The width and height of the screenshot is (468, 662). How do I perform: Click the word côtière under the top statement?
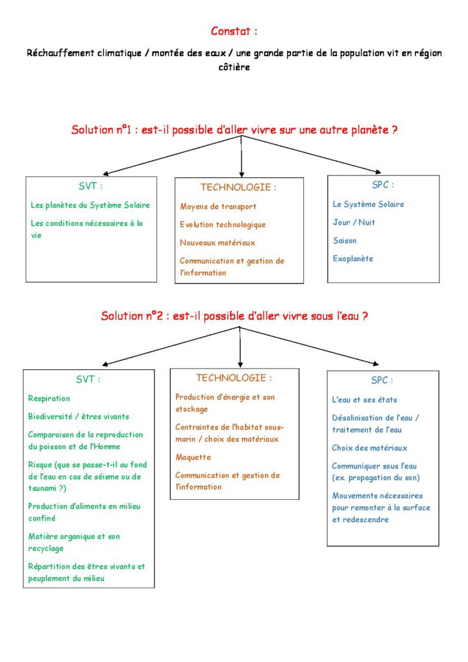point(234,67)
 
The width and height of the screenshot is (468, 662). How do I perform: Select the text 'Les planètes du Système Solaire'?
point(90,205)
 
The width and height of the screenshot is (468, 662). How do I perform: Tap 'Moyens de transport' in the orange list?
point(218,207)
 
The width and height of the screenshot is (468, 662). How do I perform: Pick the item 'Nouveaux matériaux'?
point(217,243)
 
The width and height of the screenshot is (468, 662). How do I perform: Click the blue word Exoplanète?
point(353,259)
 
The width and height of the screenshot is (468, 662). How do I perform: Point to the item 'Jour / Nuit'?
point(354,222)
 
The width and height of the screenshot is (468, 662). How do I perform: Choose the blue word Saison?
point(345,240)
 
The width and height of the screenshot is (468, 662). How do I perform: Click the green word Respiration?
point(49,398)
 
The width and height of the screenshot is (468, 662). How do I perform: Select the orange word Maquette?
point(193,457)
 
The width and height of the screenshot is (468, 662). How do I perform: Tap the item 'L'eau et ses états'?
point(365,400)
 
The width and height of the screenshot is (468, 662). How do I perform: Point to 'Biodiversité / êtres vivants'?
point(78,416)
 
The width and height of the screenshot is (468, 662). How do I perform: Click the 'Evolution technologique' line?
point(222,225)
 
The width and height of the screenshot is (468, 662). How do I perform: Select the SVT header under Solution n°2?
point(89,379)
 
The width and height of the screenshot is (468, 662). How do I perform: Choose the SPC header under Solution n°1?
point(383,185)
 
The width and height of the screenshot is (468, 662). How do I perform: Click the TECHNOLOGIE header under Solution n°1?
point(238,187)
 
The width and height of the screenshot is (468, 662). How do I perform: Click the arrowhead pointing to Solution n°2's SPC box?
point(374,363)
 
